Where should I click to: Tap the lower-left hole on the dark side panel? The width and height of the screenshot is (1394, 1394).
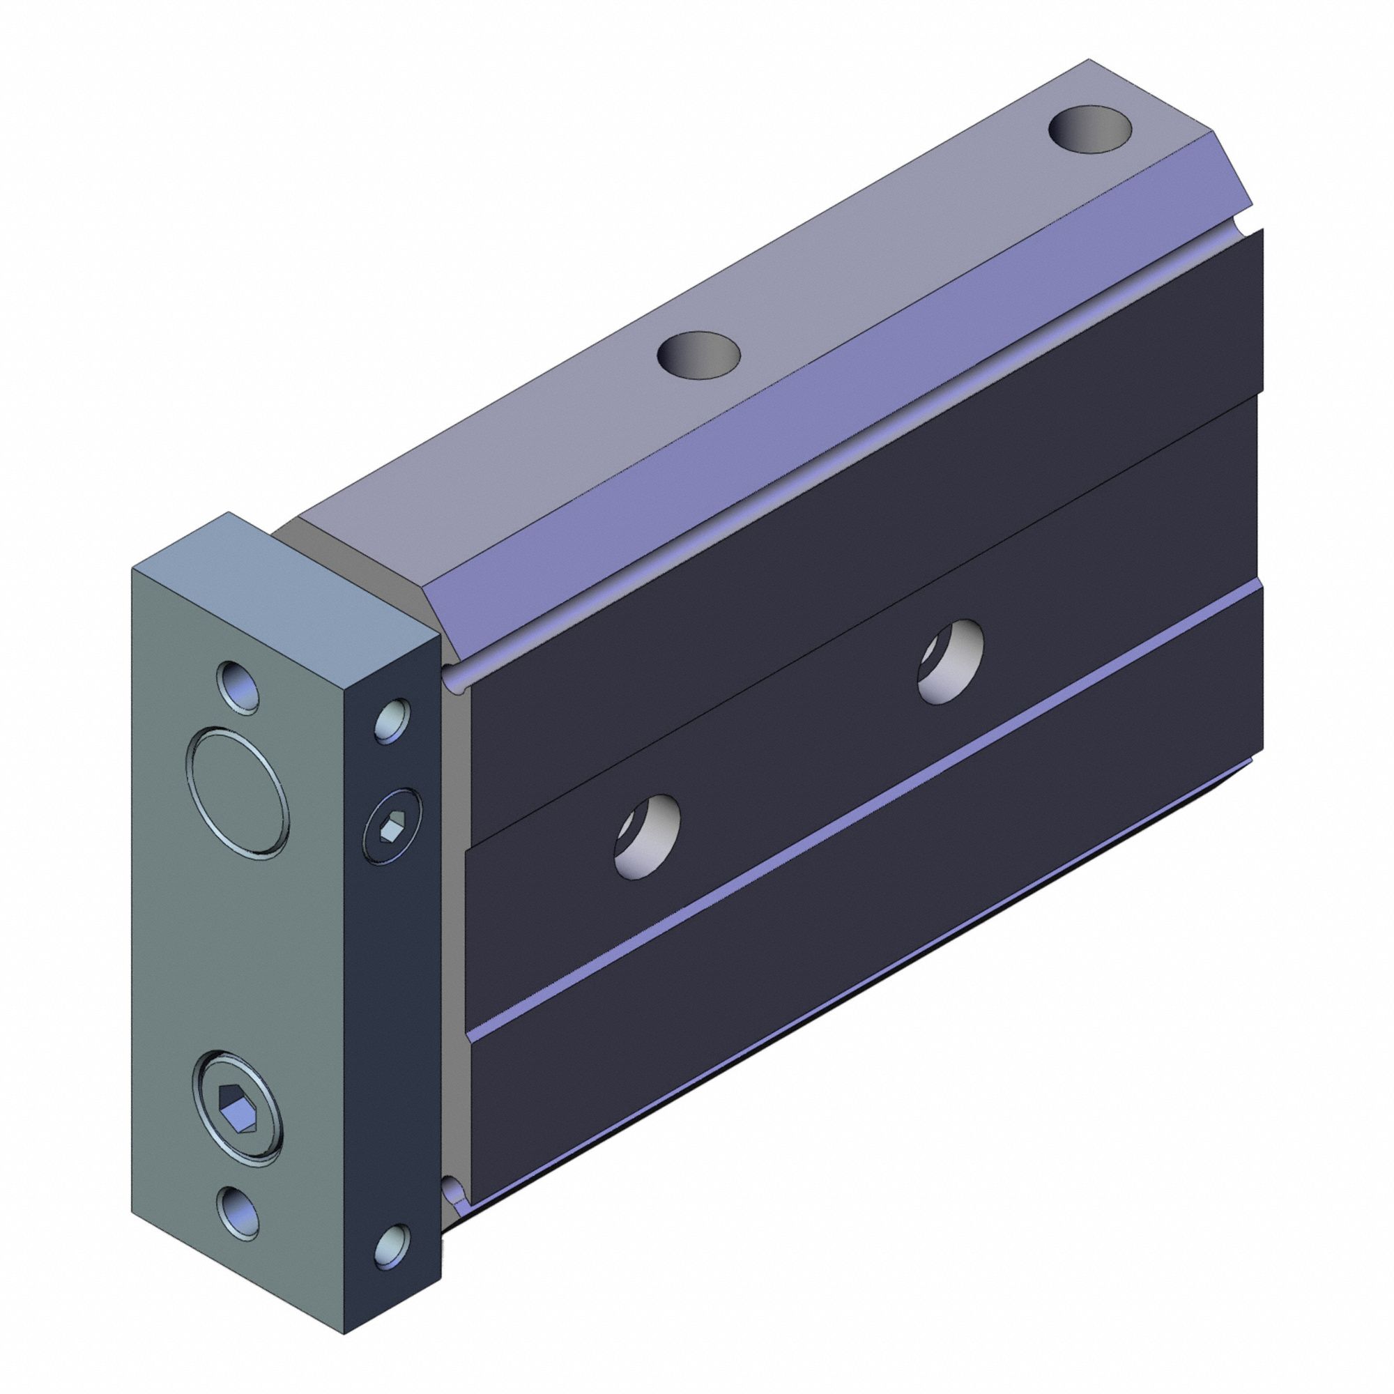pos(648,836)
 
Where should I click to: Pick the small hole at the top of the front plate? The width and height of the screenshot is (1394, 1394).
pos(240,686)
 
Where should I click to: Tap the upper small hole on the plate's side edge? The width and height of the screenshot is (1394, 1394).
pos(393,719)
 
